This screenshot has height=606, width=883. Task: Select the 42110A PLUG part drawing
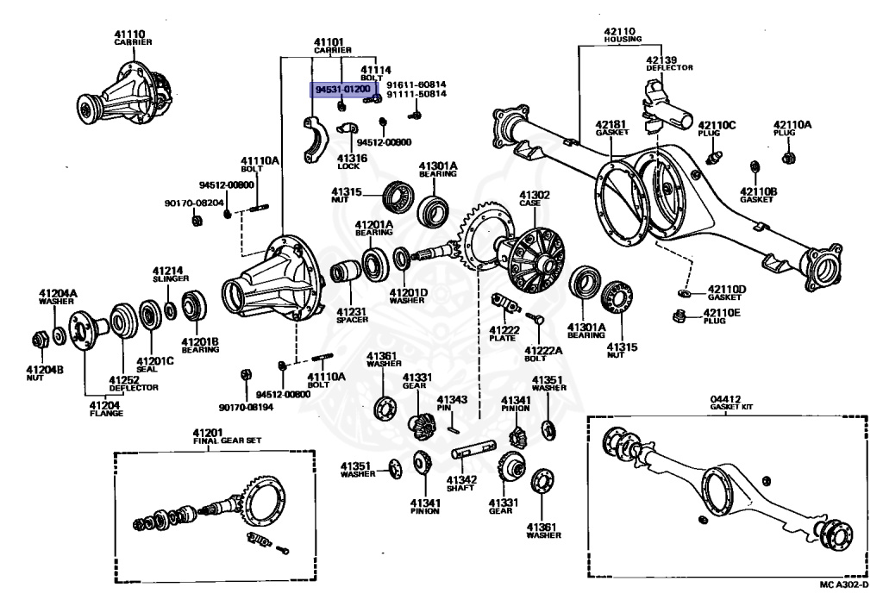tap(787, 158)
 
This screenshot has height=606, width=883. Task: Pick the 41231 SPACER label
tap(352, 315)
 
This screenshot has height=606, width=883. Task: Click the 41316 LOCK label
tap(351, 162)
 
